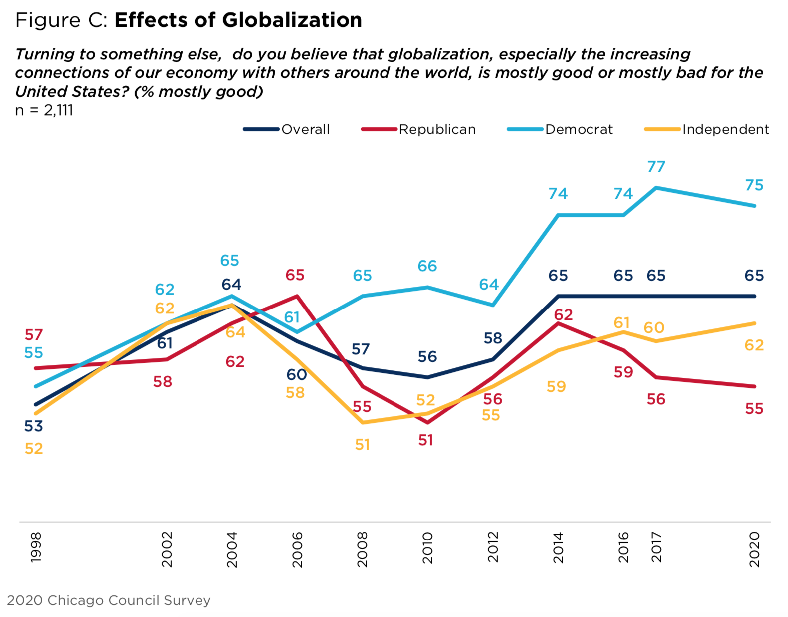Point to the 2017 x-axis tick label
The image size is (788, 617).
tap(656, 547)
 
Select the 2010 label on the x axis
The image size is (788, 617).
tap(427, 548)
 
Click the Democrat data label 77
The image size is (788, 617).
tap(656, 167)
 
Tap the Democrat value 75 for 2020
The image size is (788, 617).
tap(754, 186)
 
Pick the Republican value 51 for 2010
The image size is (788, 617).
tap(425, 440)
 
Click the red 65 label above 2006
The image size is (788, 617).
tap(295, 275)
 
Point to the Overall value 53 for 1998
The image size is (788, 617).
tap(34, 426)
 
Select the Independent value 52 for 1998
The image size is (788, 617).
tap(34, 449)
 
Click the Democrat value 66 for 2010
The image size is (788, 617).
tap(427, 266)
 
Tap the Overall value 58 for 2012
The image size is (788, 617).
tap(492, 338)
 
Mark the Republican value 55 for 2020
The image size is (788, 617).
tap(754, 409)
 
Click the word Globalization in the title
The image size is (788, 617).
tap(292, 20)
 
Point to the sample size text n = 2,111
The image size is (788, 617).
tap(44, 110)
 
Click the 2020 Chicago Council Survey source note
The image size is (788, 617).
tap(109, 600)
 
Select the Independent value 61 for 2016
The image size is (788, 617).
tap(621, 323)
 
